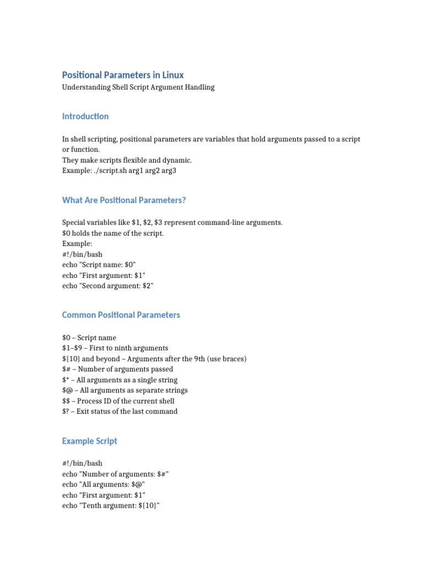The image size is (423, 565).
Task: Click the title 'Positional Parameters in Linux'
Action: (x=123, y=74)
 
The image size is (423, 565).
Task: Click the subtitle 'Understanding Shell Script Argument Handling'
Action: (x=138, y=87)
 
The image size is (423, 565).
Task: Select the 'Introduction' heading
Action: (x=85, y=116)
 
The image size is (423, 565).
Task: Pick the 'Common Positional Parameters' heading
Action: (x=121, y=315)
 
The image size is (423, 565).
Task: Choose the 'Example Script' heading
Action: (x=90, y=441)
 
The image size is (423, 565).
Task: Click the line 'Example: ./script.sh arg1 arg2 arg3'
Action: (x=120, y=170)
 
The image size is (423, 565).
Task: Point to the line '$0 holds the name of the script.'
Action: (x=113, y=233)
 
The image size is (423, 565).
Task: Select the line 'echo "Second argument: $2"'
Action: (x=108, y=285)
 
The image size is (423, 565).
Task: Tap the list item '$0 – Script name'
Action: (x=89, y=337)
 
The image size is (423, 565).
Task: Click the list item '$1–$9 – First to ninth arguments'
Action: (x=115, y=348)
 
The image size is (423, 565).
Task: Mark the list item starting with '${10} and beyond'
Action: (x=154, y=359)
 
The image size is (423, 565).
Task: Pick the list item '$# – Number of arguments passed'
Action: (x=117, y=369)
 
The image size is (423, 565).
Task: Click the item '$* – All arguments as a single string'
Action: (x=119, y=380)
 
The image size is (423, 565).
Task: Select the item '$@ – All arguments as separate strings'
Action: (x=125, y=390)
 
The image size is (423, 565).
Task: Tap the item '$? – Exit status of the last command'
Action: (x=120, y=411)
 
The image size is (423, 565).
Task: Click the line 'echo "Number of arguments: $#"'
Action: (x=118, y=474)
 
